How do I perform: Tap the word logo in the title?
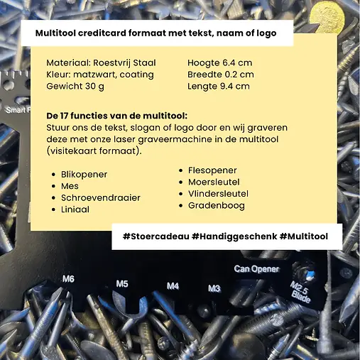263,33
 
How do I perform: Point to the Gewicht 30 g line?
76,86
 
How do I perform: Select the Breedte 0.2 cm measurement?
221,74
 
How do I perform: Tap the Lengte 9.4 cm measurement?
219,86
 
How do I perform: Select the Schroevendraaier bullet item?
101,197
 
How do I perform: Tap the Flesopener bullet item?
212,170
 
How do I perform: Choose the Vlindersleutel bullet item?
219,193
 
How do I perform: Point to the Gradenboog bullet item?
217,205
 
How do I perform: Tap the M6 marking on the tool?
68,278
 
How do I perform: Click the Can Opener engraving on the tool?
256,268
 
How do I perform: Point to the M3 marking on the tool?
214,288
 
